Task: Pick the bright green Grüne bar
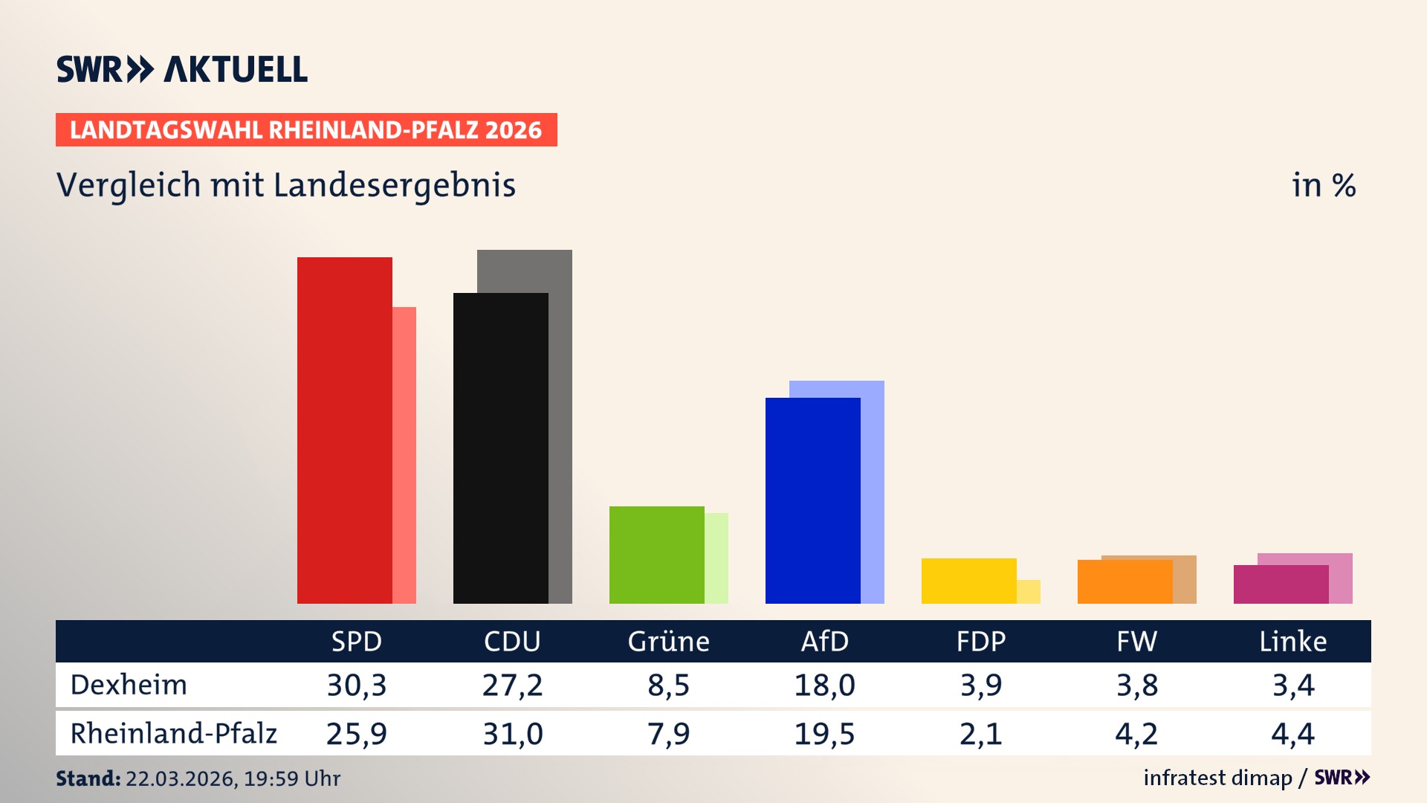pos(656,555)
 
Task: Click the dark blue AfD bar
pos(812,500)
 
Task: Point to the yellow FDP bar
pos(968,581)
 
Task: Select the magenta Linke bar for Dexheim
pos(1281,584)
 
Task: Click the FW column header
pos(1136,642)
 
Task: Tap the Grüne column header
pos(668,642)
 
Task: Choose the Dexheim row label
pos(129,685)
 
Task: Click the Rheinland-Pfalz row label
pos(173,734)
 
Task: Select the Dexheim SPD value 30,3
pos(357,685)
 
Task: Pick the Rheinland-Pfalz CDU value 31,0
pos(513,734)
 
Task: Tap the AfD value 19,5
pos(824,734)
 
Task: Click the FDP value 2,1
pos(980,734)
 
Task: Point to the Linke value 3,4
pos(1293,685)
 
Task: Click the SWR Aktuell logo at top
pos(182,69)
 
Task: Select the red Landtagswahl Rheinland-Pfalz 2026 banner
pos(306,130)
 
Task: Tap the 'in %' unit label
pos(1324,185)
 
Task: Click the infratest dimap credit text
pos(1217,778)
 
